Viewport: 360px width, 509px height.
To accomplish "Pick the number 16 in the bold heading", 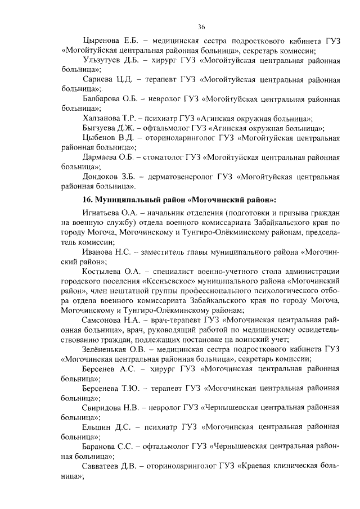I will tap(87, 199).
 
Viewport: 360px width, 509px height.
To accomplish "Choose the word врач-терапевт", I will tap(173, 319).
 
